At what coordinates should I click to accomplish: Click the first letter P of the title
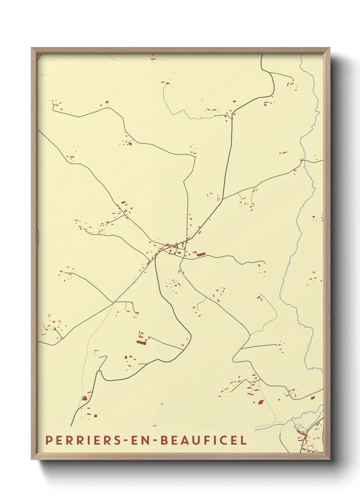click(49, 440)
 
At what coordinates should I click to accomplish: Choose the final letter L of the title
click(244, 440)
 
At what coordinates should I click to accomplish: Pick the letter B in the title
click(163, 440)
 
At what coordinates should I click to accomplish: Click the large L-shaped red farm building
click(141, 340)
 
